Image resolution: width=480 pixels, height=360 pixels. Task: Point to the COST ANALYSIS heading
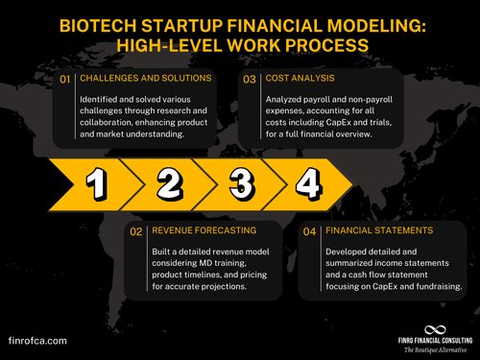pos(327,80)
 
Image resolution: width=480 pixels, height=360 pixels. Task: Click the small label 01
pos(65,80)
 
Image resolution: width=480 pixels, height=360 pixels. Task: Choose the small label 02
pos(136,231)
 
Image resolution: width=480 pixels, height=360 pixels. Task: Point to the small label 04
pos(310,231)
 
